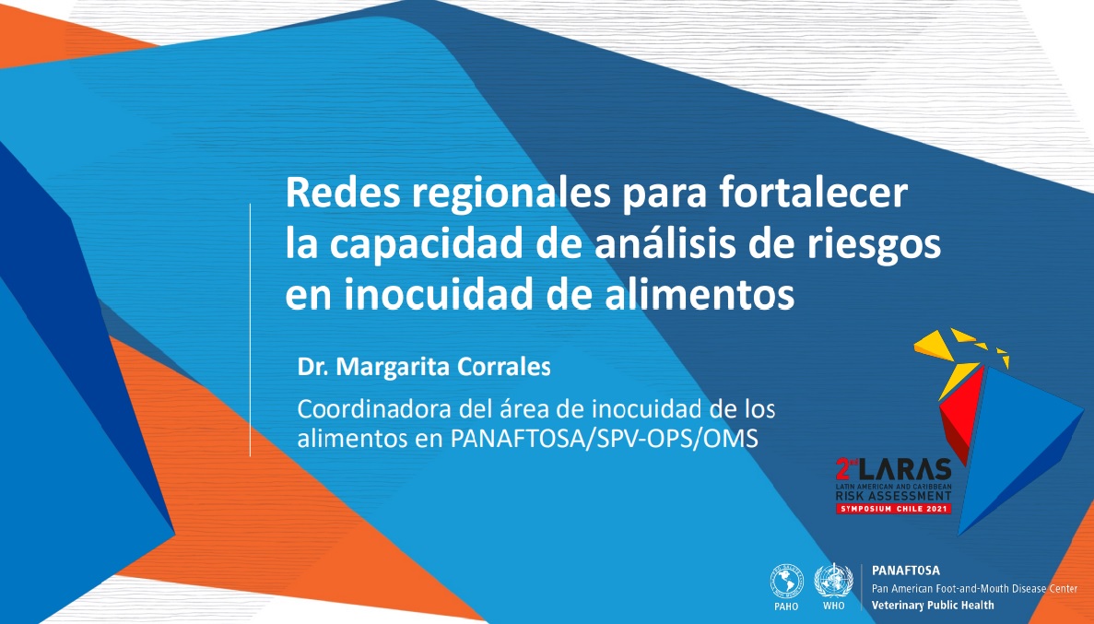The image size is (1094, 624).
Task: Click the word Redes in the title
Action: pyautogui.click(x=343, y=193)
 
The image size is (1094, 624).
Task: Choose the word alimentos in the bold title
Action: pyautogui.click(x=700, y=293)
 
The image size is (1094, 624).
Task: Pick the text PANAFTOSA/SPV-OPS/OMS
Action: pyautogui.click(x=605, y=439)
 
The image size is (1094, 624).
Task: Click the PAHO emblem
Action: pyautogui.click(x=786, y=583)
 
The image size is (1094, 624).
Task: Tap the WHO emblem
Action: pyautogui.click(x=834, y=581)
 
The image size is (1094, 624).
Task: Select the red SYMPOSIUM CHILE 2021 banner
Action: pyautogui.click(x=894, y=509)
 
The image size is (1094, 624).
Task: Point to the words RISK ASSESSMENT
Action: pyautogui.click(x=894, y=496)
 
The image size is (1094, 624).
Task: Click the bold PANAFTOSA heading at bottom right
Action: pyautogui.click(x=906, y=571)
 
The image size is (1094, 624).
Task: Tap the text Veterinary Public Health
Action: pyautogui.click(x=933, y=606)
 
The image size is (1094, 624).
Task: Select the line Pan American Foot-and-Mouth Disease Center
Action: pyautogui.click(x=975, y=588)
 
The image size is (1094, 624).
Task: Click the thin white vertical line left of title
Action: pyautogui.click(x=251, y=329)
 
